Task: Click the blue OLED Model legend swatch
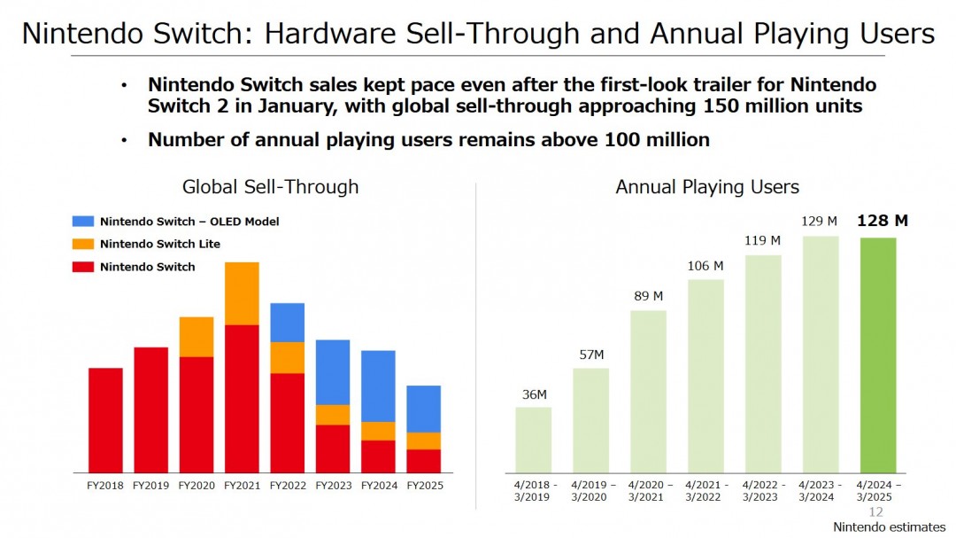pyautogui.click(x=82, y=221)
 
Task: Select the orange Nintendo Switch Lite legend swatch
pyautogui.click(x=82, y=244)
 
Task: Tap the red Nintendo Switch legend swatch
pyautogui.click(x=82, y=267)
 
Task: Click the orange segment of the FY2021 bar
pyautogui.click(x=242, y=293)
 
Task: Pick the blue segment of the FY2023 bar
pyautogui.click(x=333, y=372)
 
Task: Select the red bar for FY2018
pyautogui.click(x=105, y=420)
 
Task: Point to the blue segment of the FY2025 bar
pyautogui.click(x=423, y=409)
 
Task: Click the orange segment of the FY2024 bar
pyautogui.click(x=378, y=431)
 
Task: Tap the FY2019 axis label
pyautogui.click(x=150, y=486)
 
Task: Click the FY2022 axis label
pyautogui.click(x=287, y=486)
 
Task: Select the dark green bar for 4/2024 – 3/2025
pyautogui.click(x=878, y=355)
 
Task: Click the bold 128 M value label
pyautogui.click(x=883, y=221)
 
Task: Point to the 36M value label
pyautogui.click(x=534, y=394)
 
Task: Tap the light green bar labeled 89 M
pyautogui.click(x=648, y=391)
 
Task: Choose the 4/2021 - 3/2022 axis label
pyautogui.click(x=705, y=491)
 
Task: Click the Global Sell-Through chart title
pyautogui.click(x=270, y=187)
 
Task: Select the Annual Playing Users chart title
pyautogui.click(x=707, y=187)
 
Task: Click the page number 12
pyautogui.click(x=876, y=512)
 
